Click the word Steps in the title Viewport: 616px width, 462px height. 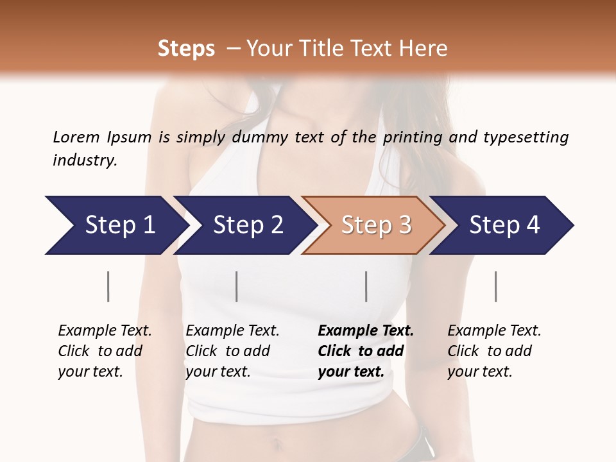pyautogui.click(x=186, y=49)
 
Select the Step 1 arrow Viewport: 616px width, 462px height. pyautogui.click(x=116, y=225)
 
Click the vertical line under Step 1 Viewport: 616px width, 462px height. pyautogui.click(x=108, y=286)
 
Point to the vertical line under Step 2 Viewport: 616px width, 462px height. pyautogui.click(x=237, y=286)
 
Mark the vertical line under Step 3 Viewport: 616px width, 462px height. pyautogui.click(x=366, y=286)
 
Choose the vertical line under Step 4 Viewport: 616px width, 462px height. pyautogui.click(x=495, y=286)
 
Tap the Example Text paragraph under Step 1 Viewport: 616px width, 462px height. pyautogui.click(x=105, y=351)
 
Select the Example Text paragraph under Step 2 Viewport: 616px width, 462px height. pyautogui.click(x=232, y=351)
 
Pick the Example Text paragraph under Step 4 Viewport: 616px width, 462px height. pyautogui.click(x=494, y=351)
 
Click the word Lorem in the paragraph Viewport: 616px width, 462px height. pyautogui.click(x=76, y=137)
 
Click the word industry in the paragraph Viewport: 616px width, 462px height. pyautogui.click(x=84, y=160)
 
